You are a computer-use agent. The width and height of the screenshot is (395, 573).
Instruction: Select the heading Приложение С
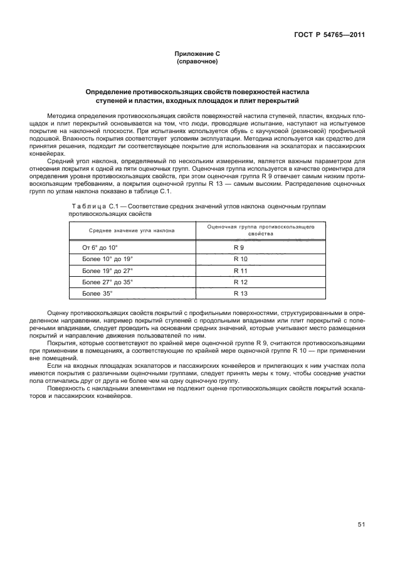click(x=197, y=55)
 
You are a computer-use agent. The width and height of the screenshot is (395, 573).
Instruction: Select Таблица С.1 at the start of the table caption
click(x=93, y=206)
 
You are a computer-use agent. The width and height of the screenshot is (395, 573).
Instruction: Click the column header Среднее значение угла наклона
click(x=127, y=231)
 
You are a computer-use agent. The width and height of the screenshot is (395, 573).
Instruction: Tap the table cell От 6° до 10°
click(x=100, y=248)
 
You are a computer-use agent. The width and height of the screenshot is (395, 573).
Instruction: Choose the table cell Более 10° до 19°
click(x=108, y=259)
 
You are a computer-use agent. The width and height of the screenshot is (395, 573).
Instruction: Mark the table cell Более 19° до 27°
click(x=108, y=270)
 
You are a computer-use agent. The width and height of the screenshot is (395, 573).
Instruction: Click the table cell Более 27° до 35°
click(x=108, y=282)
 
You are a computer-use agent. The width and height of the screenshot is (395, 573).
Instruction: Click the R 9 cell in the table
click(x=239, y=248)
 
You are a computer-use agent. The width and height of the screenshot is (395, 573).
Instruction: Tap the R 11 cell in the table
click(x=241, y=270)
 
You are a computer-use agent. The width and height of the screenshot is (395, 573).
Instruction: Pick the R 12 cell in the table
click(x=241, y=282)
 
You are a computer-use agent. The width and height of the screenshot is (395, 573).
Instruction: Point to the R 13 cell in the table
click(x=241, y=293)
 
